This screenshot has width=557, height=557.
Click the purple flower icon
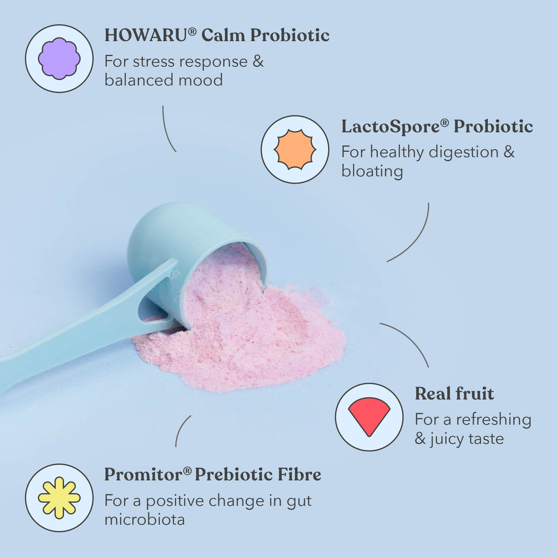(x=59, y=58)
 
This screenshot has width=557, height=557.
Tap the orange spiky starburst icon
(x=295, y=149)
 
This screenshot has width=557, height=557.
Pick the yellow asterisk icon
(x=59, y=497)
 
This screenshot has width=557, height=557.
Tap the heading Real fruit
(x=454, y=394)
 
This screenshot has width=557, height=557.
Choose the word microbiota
(x=144, y=520)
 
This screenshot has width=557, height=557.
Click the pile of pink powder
(x=251, y=345)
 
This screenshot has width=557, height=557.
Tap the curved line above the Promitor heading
(x=182, y=430)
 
